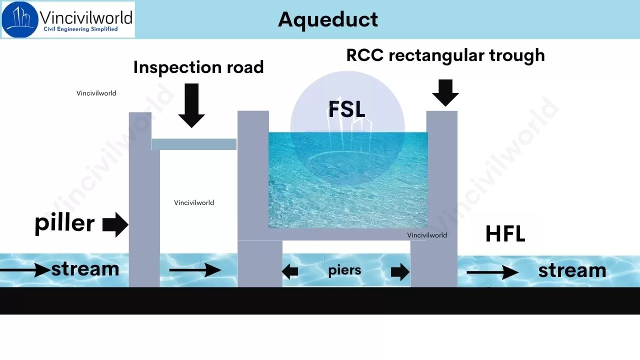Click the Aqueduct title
click(x=328, y=19)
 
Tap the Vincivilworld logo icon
click(x=20, y=19)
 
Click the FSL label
click(x=346, y=109)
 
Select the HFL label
click(x=505, y=234)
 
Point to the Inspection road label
click(x=198, y=67)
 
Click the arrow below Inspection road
click(x=191, y=105)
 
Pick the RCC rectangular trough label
click(x=445, y=55)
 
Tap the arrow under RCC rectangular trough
click(x=445, y=92)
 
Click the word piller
click(x=64, y=222)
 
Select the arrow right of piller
click(x=115, y=224)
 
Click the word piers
click(x=344, y=270)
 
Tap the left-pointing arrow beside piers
click(x=290, y=272)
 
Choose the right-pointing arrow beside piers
click(x=400, y=272)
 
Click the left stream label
click(x=85, y=269)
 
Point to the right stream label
click(x=572, y=270)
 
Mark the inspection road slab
click(x=194, y=144)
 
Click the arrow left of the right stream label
click(x=492, y=272)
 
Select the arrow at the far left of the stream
click(x=25, y=270)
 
